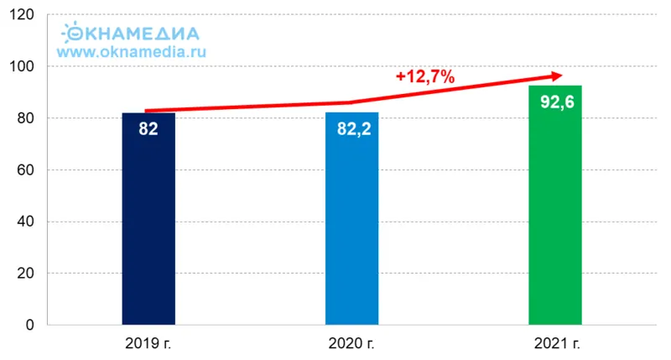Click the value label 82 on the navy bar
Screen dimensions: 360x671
[148, 130]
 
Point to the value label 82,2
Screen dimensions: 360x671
[351, 130]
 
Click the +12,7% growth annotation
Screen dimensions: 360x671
[425, 77]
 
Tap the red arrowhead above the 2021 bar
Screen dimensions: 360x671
[556, 76]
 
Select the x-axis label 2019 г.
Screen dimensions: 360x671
[148, 343]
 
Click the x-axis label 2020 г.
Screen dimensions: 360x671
[352, 343]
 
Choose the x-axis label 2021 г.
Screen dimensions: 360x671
[556, 343]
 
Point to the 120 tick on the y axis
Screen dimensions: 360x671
[23, 15]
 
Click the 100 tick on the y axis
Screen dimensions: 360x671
[23, 67]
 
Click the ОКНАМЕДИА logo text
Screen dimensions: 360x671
[133, 34]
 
